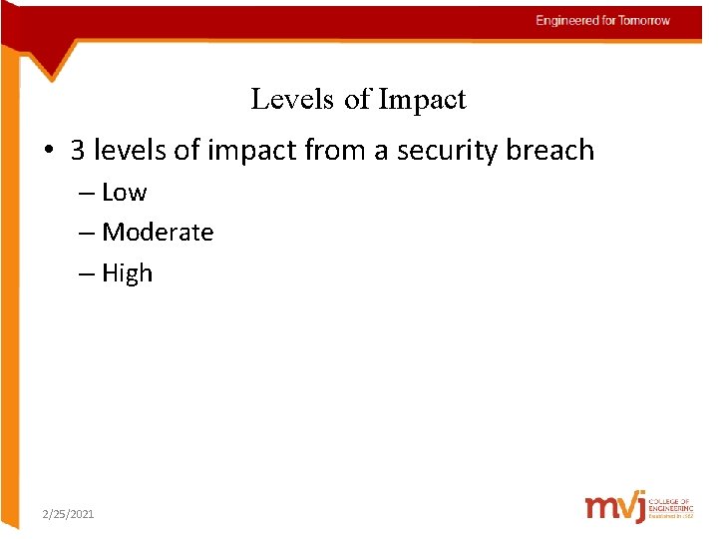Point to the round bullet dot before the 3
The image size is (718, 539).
(x=49, y=152)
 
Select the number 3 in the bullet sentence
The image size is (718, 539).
(x=78, y=151)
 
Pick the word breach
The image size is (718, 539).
(x=550, y=151)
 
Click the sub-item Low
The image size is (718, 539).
(x=124, y=193)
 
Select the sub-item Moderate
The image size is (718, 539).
(x=158, y=233)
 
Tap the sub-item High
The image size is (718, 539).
(x=128, y=273)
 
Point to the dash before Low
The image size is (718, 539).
(x=87, y=194)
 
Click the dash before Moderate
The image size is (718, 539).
(x=87, y=234)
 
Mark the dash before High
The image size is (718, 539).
(x=87, y=274)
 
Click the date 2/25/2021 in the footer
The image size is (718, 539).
(x=68, y=513)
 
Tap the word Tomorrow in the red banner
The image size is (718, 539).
(x=644, y=20)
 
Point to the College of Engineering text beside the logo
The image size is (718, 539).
(x=669, y=506)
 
